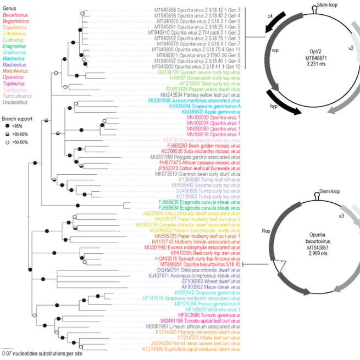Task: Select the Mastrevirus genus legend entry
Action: (14, 65)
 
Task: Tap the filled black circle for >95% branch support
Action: (6, 126)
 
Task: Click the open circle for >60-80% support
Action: (6, 141)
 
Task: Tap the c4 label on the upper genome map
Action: (270, 17)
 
